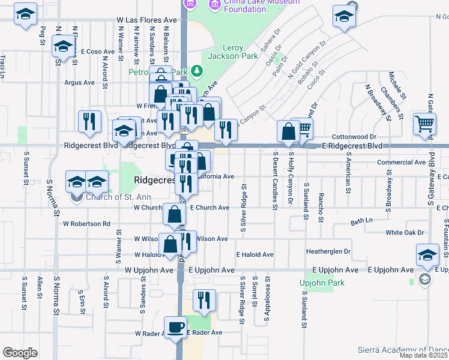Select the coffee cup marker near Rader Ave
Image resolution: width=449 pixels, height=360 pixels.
point(176,329)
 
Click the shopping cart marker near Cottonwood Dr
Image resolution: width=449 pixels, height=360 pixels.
point(424,124)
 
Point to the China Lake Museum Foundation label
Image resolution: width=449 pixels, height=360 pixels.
point(253,5)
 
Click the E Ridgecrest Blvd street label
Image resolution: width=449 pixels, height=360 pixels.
point(352,146)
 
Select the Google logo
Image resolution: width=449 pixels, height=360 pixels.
point(20,353)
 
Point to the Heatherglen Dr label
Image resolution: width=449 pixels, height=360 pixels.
point(328,251)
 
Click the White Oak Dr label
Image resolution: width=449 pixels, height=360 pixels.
point(405,232)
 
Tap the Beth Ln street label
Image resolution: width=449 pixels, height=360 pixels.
point(361,221)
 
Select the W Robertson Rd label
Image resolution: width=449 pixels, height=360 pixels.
point(87,224)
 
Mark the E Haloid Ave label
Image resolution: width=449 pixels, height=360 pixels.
point(255,254)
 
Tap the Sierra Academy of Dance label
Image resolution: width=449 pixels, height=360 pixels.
point(402,349)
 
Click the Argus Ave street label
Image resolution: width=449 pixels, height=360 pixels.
point(79,83)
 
